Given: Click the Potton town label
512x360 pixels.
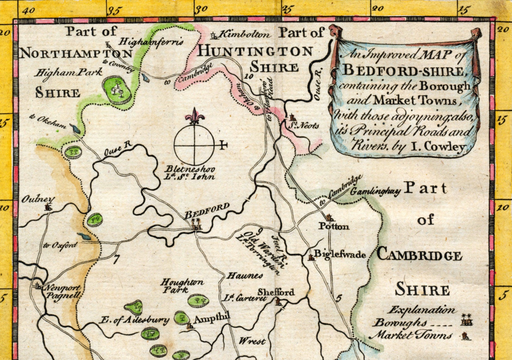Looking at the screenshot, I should click(334, 226).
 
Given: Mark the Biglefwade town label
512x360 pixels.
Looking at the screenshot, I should click(340, 255).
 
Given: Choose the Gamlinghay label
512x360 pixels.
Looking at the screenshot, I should click(375, 191).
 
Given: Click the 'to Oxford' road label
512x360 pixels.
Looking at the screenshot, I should click(61, 245).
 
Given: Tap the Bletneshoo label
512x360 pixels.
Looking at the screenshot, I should click(190, 170).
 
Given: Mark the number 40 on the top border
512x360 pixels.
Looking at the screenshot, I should click(29, 10).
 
